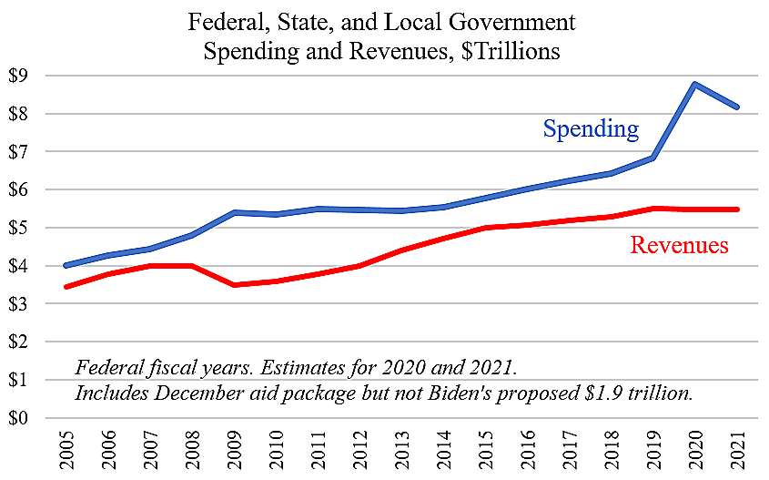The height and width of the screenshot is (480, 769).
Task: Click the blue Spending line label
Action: [591, 128]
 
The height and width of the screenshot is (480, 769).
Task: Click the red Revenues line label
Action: [679, 244]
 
